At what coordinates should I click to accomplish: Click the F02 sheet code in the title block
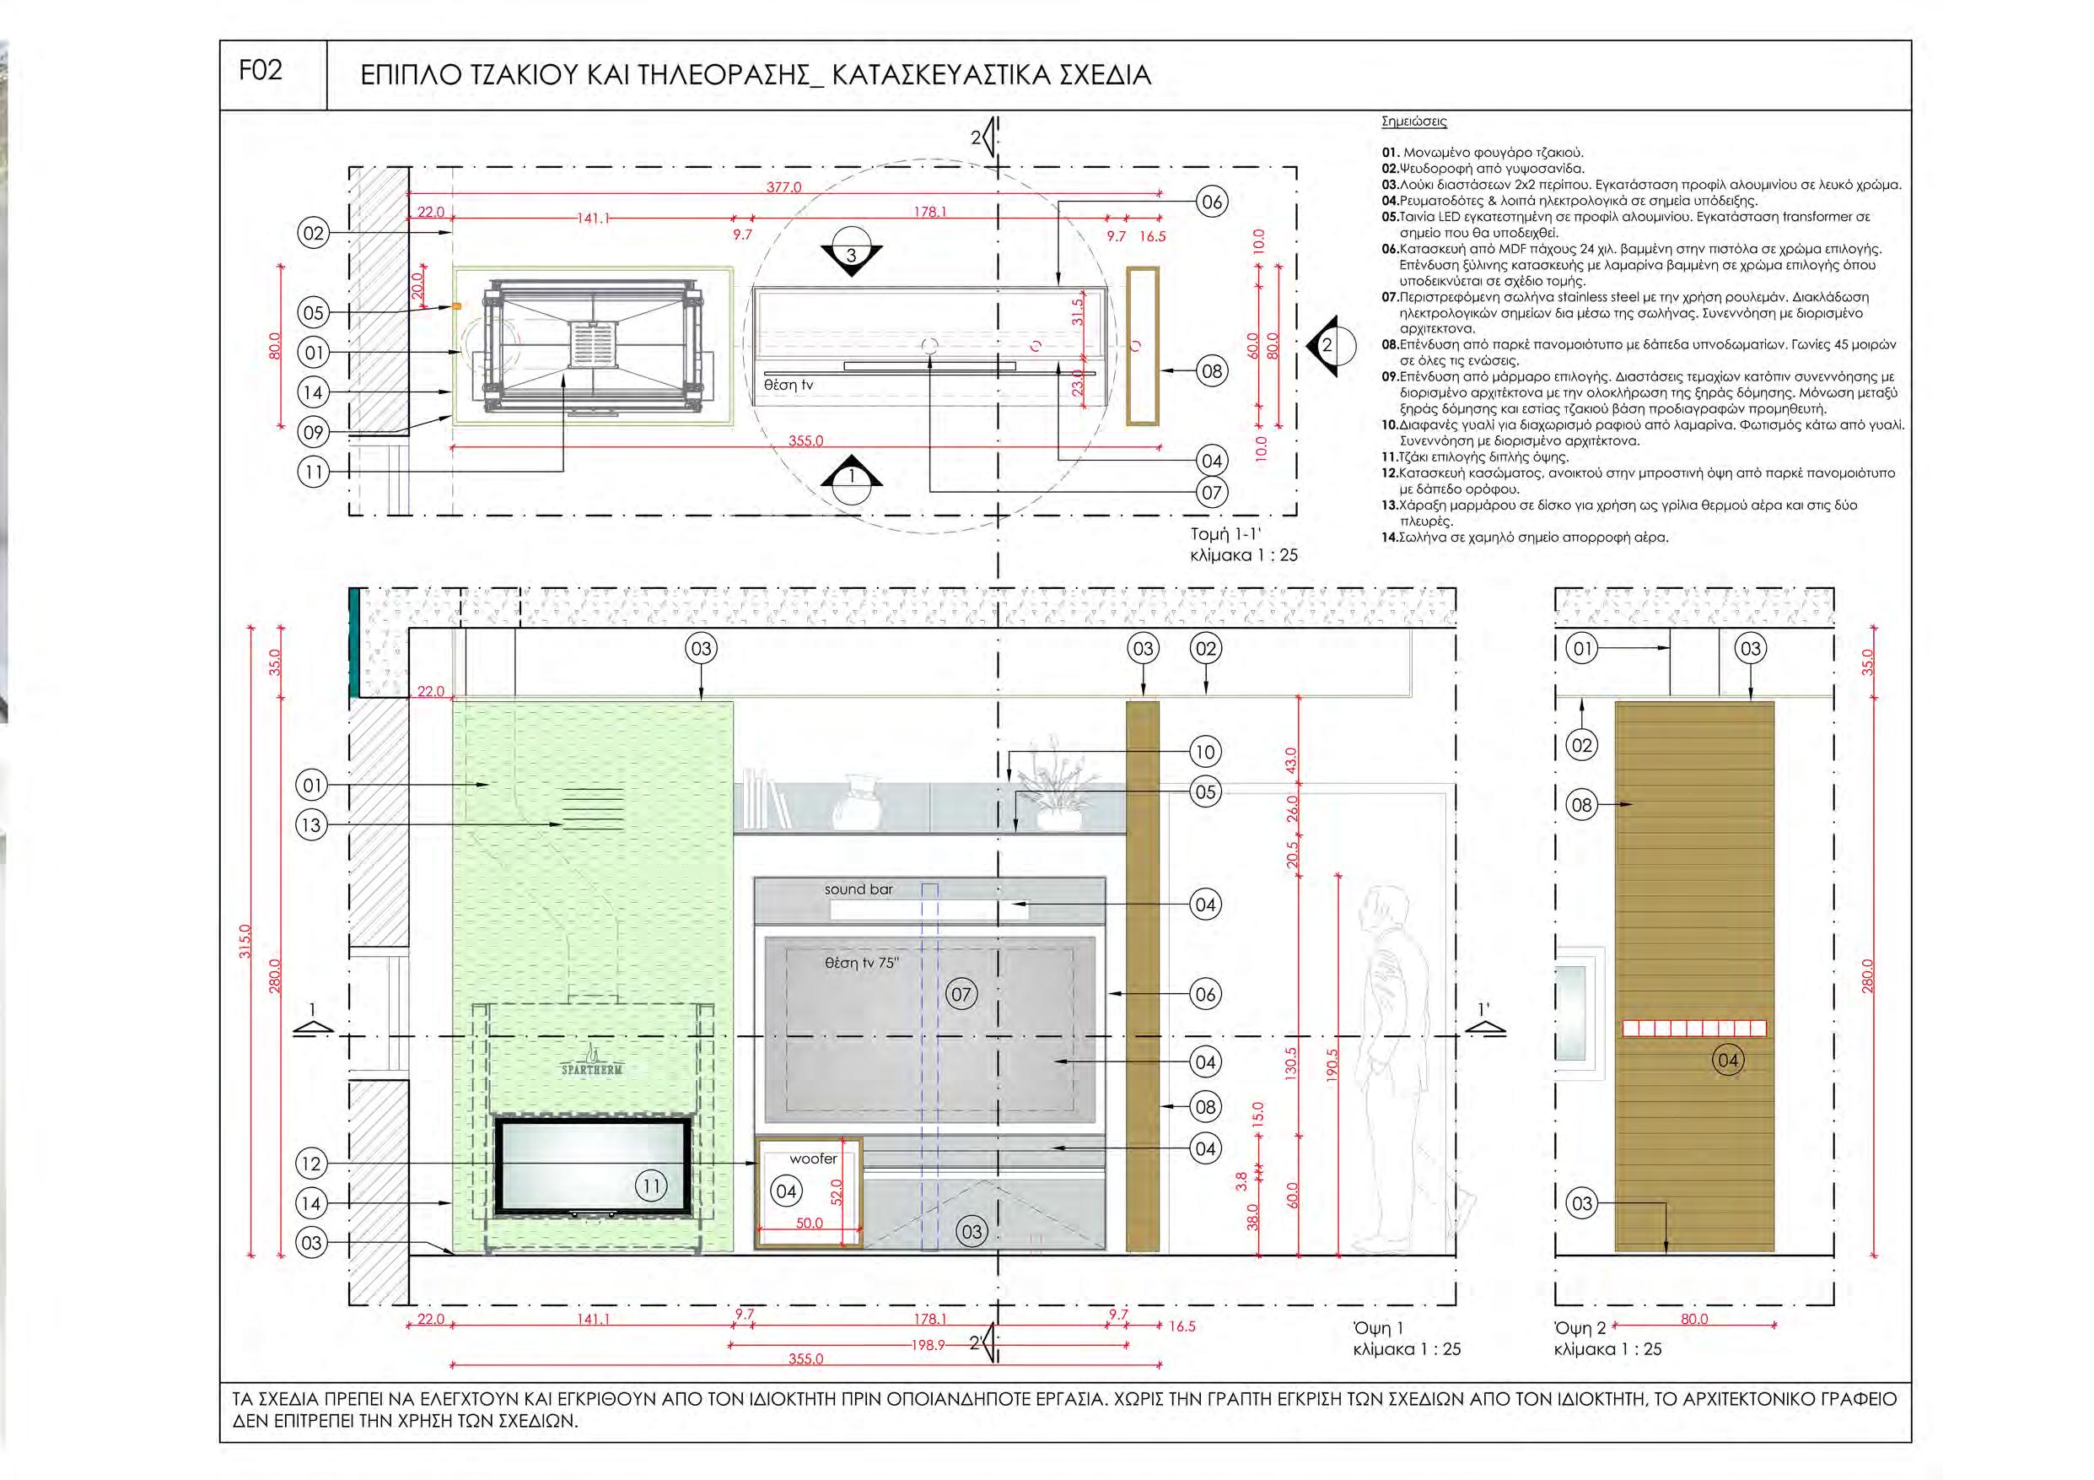[261, 71]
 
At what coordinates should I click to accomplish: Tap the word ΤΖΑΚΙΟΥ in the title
[514, 76]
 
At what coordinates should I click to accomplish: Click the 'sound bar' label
[859, 889]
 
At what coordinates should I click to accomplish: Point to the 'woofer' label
[813, 1159]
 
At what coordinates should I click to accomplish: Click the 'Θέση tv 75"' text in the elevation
[862, 963]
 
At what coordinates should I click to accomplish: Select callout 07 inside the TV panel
[961, 994]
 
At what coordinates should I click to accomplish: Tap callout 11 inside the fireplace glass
[651, 1186]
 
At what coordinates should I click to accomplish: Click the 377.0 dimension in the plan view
[783, 188]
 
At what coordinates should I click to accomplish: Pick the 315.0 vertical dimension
[245, 941]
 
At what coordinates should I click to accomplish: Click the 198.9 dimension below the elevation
[929, 1345]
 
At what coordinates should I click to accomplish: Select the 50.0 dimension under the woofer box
[809, 1223]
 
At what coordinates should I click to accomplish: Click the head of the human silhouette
[1375, 909]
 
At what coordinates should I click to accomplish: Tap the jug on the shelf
[855, 802]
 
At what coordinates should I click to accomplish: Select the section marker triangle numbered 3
[851, 256]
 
